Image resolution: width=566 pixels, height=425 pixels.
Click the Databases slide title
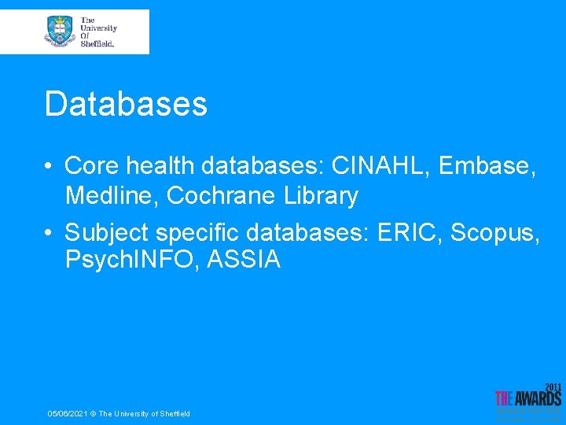coord(126,103)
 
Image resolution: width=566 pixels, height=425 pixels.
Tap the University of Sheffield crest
coord(59,31)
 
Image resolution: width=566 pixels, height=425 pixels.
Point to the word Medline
coord(112,195)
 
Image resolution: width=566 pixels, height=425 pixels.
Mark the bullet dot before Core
coord(49,166)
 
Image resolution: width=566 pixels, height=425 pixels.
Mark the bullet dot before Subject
coord(49,234)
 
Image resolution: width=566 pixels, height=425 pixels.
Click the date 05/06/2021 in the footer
coord(68,414)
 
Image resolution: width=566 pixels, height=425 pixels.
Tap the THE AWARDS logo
coord(527,399)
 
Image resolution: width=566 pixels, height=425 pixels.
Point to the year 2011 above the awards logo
coord(553,387)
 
